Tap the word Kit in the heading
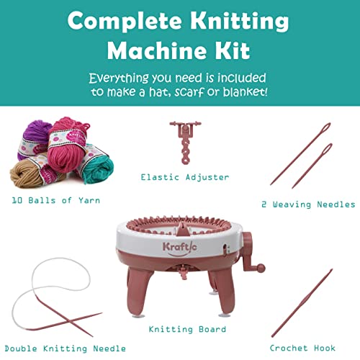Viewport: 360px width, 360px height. pos(234,50)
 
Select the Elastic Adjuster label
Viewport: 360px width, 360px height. pos(185,176)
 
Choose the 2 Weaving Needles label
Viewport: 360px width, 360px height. pos(307,204)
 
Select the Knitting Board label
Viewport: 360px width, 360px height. pos(187,329)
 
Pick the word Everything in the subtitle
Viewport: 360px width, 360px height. pos(125,77)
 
